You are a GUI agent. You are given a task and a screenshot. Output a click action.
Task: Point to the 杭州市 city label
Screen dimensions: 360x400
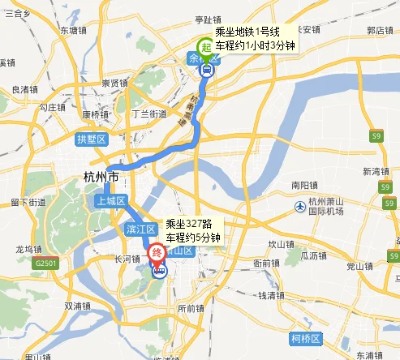101,177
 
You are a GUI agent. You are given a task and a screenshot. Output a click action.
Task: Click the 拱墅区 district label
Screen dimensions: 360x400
91,139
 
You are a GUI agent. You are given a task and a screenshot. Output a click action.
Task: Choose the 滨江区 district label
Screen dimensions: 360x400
140,230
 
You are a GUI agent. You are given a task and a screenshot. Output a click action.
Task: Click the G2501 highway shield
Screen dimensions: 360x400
45,264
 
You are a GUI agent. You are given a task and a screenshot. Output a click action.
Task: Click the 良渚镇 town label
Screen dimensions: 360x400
26,89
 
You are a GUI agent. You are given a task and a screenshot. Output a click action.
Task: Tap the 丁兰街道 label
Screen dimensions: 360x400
148,114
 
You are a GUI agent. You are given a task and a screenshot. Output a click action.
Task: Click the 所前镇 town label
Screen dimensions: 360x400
191,308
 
